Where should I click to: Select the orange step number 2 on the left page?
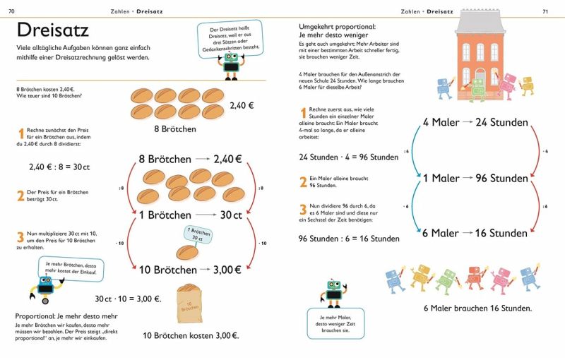coord(20,195)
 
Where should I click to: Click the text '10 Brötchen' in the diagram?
coord(167,270)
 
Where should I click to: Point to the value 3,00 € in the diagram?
coord(227,270)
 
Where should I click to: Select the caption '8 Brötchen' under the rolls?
coord(175,129)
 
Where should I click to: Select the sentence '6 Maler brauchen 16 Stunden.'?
coord(477,308)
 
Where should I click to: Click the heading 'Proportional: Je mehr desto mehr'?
coord(66,316)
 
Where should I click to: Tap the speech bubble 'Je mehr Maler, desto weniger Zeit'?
coord(335,323)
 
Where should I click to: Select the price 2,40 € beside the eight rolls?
coord(242,105)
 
